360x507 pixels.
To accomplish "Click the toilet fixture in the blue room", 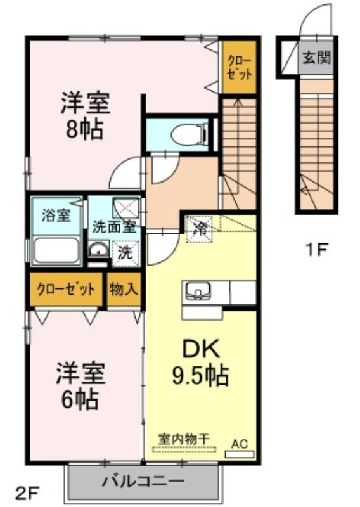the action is pyautogui.click(x=190, y=135).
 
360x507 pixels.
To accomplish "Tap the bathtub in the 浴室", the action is pyautogui.click(x=56, y=251).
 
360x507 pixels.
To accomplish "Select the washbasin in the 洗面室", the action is pyautogui.click(x=99, y=250).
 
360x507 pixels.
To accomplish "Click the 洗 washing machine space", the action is pyautogui.click(x=125, y=253).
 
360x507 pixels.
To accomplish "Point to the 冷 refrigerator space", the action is pyautogui.click(x=199, y=229).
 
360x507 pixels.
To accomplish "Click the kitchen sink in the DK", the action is pyautogui.click(x=197, y=290).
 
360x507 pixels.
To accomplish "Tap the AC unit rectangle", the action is pyautogui.click(x=240, y=454).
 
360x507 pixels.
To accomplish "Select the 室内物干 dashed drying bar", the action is pyautogui.click(x=184, y=449).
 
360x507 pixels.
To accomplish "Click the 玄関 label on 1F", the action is pyautogui.click(x=317, y=58).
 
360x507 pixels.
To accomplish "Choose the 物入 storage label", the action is pyautogui.click(x=124, y=289).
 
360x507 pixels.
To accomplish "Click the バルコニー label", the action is pyautogui.click(x=143, y=482).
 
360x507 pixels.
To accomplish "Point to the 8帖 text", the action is pyautogui.click(x=84, y=129).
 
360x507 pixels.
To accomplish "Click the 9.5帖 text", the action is pyautogui.click(x=200, y=375).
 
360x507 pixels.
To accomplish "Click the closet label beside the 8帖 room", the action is pyautogui.click(x=240, y=67).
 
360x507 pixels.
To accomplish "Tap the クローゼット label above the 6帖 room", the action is pyautogui.click(x=67, y=289).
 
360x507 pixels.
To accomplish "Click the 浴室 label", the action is pyautogui.click(x=56, y=215).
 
